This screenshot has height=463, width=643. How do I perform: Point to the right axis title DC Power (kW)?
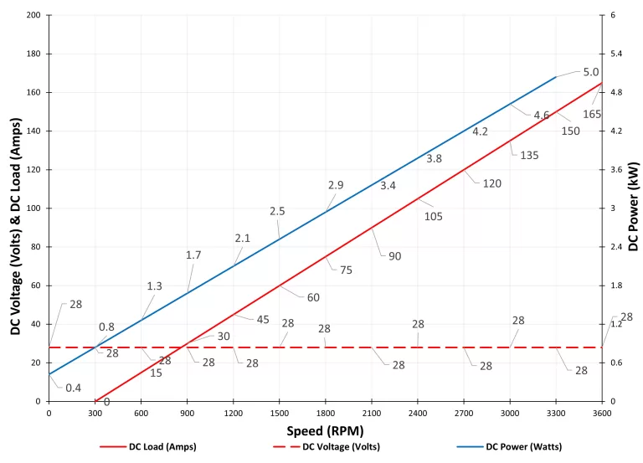pos(633,208)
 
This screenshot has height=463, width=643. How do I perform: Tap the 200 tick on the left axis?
pos(33,16)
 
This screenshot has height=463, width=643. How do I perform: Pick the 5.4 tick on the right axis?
pos(616,54)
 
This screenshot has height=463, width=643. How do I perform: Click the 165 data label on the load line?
pos(592,114)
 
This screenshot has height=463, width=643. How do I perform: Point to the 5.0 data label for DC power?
pos(591,72)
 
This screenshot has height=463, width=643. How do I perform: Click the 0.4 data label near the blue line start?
pos(74,387)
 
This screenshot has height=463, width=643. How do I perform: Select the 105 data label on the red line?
pos(433,216)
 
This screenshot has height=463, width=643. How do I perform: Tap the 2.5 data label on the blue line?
pos(278,211)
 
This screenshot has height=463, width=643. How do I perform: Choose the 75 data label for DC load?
pos(346,270)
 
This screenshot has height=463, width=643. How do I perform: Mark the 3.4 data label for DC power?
pos(388,185)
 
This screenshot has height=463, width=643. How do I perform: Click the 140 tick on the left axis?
pos(33,131)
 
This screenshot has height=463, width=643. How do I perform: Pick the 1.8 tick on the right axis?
pos(616,286)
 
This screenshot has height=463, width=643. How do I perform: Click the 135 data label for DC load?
pos(529,155)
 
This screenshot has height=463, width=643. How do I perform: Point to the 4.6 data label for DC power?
pos(541,115)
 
